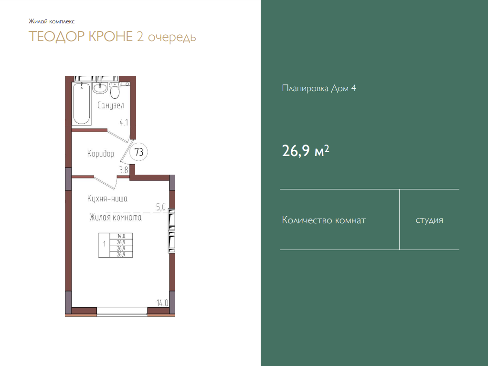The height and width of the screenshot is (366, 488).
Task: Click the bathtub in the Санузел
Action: click(82, 104)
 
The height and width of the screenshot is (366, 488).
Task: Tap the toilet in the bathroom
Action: click(115, 91)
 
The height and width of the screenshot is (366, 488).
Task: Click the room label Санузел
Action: click(111, 105)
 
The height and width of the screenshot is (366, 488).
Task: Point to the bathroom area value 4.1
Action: click(124, 123)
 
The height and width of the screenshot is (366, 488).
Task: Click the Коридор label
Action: click(101, 154)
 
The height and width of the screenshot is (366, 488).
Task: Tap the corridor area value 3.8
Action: click(124, 170)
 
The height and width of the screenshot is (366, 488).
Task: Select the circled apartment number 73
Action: click(138, 152)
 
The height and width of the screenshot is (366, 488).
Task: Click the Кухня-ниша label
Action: click(107, 199)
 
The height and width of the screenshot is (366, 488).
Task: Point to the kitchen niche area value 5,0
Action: click(161, 207)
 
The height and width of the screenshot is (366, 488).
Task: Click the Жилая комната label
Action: click(116, 217)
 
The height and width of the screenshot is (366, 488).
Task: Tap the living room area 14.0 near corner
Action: click(162, 303)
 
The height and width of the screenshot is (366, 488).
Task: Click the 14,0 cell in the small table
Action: click(121, 236)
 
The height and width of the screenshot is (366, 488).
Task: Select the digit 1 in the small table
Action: click(104, 244)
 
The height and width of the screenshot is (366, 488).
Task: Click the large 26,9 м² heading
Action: click(305, 151)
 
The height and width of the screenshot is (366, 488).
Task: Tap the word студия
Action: click(429, 220)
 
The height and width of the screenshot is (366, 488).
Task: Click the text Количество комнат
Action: click(324, 220)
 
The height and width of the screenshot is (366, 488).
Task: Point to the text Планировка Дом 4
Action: click(318, 88)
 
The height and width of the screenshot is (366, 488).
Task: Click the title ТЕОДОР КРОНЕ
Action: click(81, 36)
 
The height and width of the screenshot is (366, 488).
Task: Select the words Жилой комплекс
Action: click(52, 21)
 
